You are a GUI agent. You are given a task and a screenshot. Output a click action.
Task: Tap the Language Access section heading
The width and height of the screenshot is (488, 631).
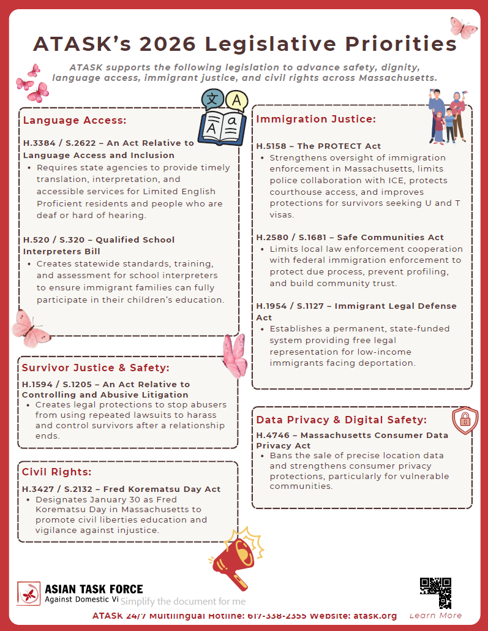pos(75,120)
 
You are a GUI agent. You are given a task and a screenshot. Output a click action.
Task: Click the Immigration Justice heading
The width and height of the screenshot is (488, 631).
pos(315,119)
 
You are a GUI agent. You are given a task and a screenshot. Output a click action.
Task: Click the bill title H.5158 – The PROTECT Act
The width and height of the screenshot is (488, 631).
pos(318,146)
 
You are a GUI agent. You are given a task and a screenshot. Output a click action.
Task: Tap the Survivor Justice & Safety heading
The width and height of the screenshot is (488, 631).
pos(96,368)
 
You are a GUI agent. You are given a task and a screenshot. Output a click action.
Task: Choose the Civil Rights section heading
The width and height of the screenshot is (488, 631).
pos(56,472)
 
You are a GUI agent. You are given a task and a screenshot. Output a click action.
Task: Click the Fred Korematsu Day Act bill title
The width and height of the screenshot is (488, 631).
pos(121,489)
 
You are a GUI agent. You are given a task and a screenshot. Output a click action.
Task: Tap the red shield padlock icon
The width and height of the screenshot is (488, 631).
pos(465,420)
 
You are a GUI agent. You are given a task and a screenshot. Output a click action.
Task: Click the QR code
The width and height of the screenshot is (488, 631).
pos(435,592)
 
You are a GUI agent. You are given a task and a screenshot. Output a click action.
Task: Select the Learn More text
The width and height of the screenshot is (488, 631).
pos(435,615)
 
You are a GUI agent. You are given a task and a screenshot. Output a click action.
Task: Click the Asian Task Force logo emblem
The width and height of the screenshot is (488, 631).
pos(29,594)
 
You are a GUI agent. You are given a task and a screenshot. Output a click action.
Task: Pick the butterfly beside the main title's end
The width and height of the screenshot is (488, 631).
pos(464,27)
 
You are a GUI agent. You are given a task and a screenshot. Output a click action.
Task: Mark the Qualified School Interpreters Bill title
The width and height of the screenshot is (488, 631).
pos(99,245)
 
